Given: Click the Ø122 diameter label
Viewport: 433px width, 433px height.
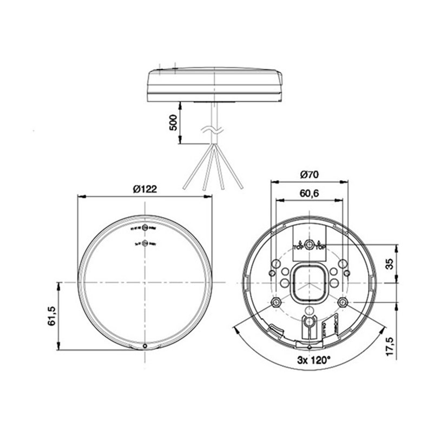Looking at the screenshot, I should tap(145, 189).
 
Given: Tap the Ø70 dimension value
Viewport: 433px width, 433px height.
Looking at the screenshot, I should tap(309, 174).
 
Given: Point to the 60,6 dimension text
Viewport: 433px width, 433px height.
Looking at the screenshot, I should tap(309, 193).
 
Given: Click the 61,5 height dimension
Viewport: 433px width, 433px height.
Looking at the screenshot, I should tap(53, 315).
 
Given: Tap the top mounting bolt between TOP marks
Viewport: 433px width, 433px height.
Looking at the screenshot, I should tap(309, 245).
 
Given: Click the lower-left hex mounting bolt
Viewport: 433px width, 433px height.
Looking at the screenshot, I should tap(276, 301).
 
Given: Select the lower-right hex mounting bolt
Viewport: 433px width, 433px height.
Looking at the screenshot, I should tap(342, 301).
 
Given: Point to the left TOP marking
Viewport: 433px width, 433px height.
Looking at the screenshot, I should tap(297, 247).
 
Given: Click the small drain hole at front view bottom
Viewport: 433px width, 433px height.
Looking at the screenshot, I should tap(145, 346).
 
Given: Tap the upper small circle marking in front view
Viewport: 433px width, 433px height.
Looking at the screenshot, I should tap(145, 229).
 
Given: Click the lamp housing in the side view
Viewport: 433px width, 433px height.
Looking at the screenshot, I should tap(215, 84).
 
